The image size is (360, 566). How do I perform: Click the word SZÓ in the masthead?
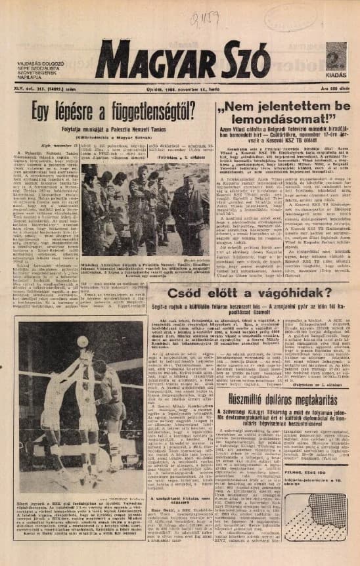[242, 63]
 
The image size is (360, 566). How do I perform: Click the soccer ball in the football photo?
[82, 341]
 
